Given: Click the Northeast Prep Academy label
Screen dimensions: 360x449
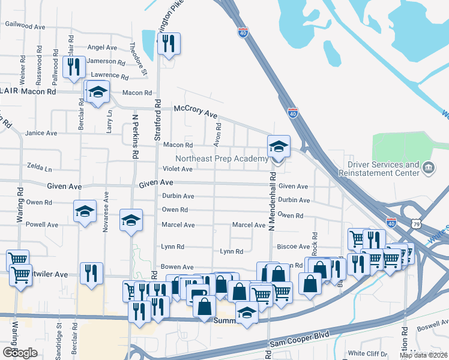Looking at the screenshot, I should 221,158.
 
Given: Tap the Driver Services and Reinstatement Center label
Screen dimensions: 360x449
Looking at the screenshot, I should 382,169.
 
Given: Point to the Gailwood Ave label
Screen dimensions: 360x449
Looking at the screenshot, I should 25,26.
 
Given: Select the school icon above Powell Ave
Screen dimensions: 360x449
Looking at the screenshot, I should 85,211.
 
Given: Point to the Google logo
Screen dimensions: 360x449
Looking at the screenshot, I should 20,353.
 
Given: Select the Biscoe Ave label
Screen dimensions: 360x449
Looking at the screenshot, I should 292,247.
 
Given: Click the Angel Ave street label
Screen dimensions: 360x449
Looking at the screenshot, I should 102,47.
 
